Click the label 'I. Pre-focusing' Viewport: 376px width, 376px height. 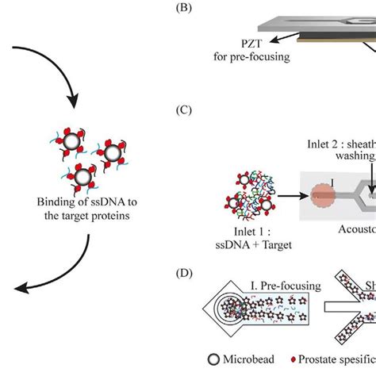[x=259, y=284]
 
